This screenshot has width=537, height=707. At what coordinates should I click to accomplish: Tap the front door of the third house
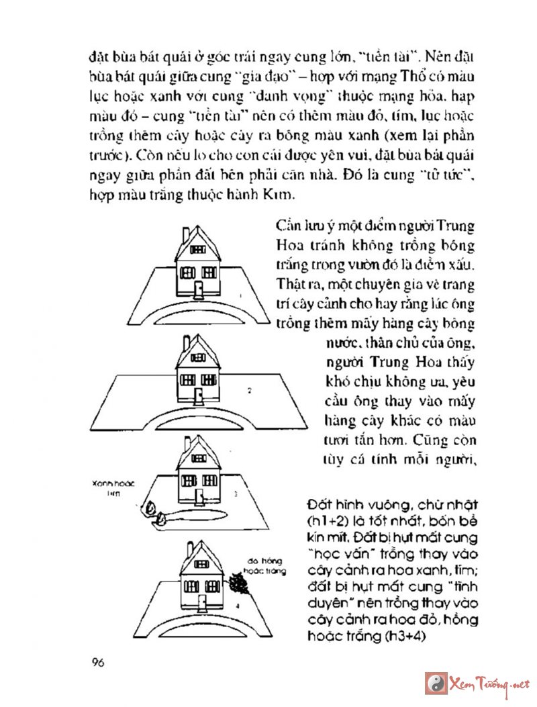(199, 498)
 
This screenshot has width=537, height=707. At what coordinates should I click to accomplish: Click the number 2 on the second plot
(249, 389)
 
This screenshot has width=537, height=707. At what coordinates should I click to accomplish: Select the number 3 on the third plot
(236, 493)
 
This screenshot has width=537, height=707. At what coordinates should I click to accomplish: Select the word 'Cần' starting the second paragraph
(285, 226)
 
